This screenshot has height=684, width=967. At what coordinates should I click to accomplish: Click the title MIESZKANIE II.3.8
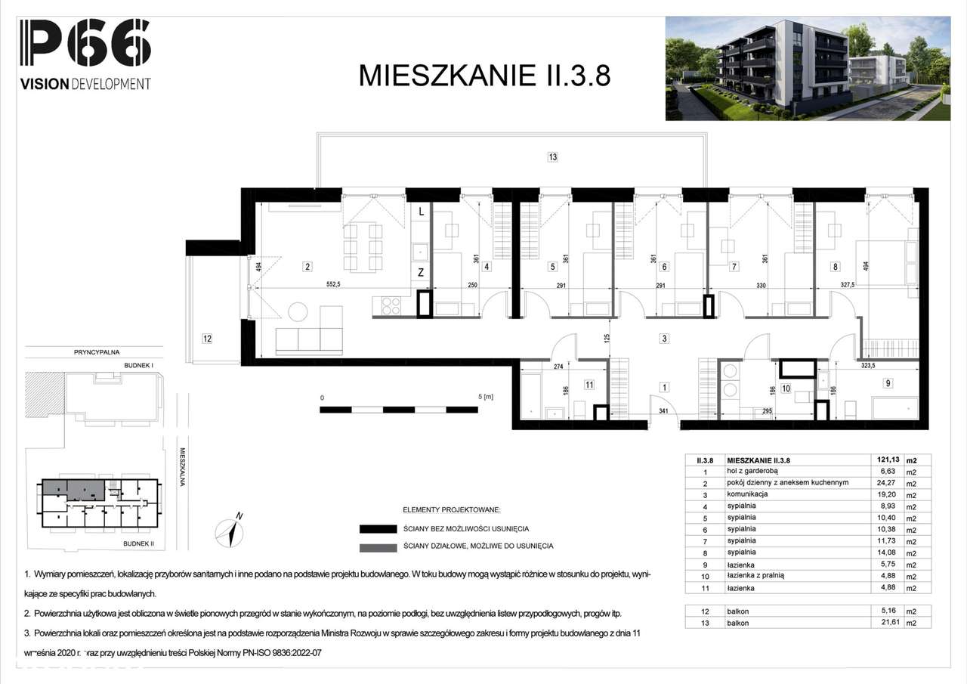tap(483, 76)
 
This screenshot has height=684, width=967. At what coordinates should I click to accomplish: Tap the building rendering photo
tap(807, 69)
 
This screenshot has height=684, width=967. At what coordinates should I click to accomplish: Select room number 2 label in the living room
tap(307, 266)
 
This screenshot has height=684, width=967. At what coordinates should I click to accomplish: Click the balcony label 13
tap(553, 157)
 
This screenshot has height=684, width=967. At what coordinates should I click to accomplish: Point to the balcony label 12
tap(207, 339)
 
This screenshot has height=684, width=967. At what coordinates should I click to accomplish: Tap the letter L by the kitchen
tap(421, 213)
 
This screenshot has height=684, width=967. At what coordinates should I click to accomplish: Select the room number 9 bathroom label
tap(888, 383)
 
